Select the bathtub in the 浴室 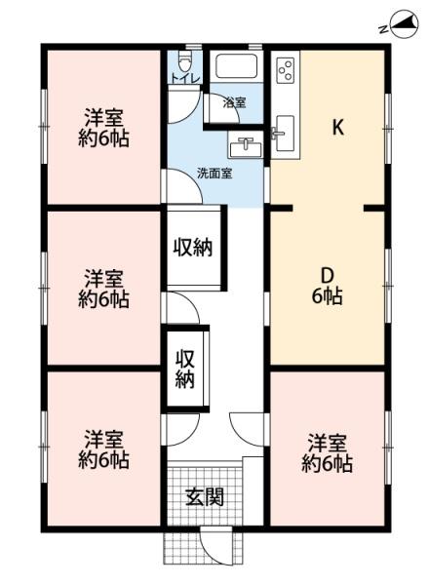235,68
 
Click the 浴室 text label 235,101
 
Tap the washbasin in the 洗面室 244,148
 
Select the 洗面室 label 214,174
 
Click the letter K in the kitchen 338,128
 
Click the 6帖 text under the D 328,297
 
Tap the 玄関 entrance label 204,496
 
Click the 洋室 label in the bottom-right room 328,441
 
